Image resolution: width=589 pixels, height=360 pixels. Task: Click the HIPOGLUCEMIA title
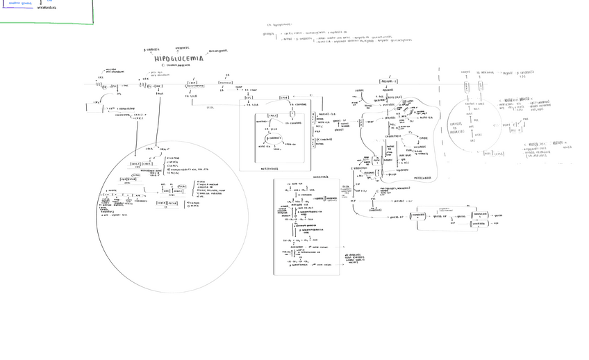pyautogui.click(x=179, y=58)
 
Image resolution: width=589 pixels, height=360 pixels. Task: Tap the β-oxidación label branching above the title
pyautogui.click(x=151, y=50)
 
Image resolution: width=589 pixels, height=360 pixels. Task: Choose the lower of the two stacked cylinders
pyautogui.click(x=479, y=224)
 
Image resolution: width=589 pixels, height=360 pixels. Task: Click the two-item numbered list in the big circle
pyautogui.click(x=194, y=204)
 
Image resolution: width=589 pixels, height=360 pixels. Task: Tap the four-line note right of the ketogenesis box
pyautogui.click(x=354, y=259)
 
